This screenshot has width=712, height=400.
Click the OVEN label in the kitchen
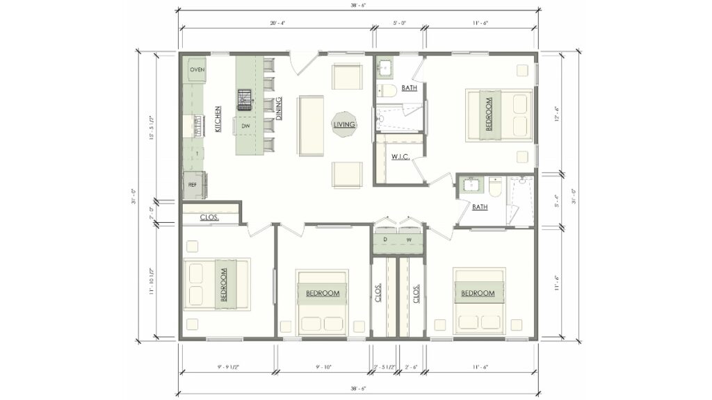coord(197,69)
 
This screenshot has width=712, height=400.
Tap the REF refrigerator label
coord(193,185)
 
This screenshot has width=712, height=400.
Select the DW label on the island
coord(245,126)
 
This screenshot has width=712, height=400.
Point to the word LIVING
coord(344,125)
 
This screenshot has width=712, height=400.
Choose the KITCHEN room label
coord(218,119)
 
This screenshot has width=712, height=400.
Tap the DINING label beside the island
coord(278,109)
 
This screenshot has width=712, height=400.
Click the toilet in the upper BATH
coord(388,90)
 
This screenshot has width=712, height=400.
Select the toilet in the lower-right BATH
coord(496,187)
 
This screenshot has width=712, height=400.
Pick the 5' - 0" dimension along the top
coord(399,23)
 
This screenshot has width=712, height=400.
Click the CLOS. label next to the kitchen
coord(209,217)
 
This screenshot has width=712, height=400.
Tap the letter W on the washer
coord(409,240)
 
